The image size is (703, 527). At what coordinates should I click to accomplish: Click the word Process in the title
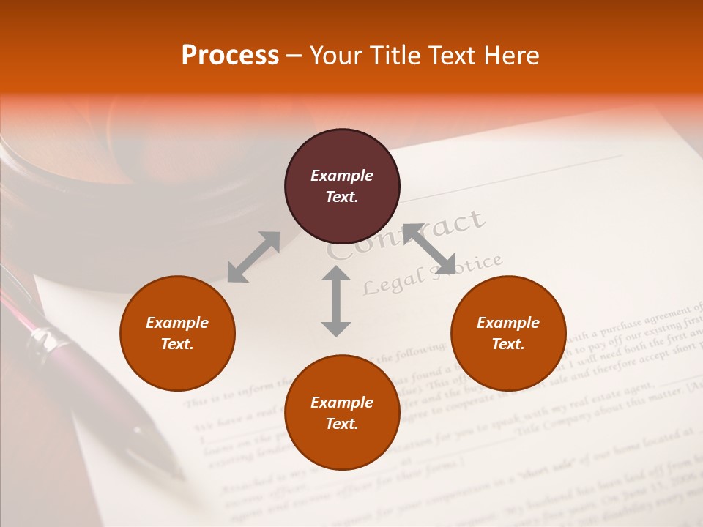coord(230,56)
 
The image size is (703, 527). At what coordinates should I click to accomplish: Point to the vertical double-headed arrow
coord(336,301)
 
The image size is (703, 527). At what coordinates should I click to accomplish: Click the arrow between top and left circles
coord(253,257)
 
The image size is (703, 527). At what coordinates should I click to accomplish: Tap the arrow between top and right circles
coord(430,249)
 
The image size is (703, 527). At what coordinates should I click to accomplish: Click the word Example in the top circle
coord(342,176)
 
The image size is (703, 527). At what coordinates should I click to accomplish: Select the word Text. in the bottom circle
coord(342,424)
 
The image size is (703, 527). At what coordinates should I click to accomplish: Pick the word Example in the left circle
coord(177,323)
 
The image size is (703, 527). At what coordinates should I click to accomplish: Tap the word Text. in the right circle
coord(508,344)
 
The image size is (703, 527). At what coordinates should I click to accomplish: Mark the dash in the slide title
coord(294,56)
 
